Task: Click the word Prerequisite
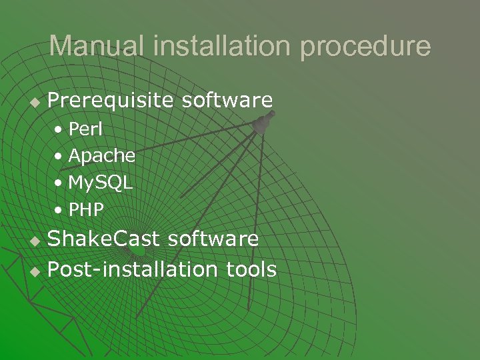point(109,101)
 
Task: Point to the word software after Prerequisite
point(227,101)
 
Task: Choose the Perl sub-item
point(85,128)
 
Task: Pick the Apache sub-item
point(102,156)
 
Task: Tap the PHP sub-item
point(86,211)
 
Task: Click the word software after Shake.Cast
point(213,239)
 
